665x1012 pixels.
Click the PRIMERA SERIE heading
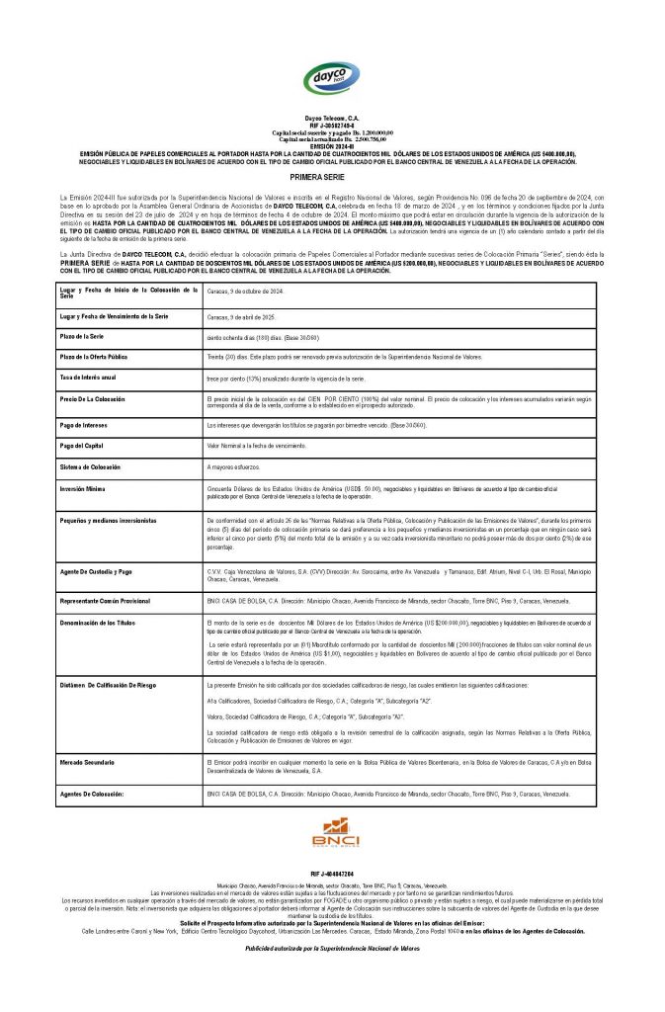click(x=332, y=173)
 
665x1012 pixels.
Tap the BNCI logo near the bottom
click(x=333, y=835)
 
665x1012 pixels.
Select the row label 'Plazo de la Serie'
click(x=86, y=337)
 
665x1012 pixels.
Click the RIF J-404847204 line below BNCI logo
click(x=332, y=875)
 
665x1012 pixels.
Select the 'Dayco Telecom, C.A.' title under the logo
click(x=332, y=118)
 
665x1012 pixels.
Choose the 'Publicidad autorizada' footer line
click(x=333, y=946)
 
